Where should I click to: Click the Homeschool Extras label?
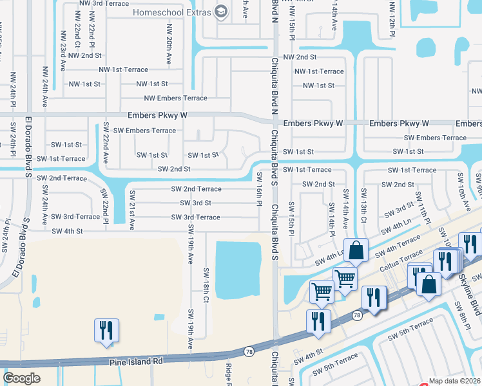[x=172, y=12]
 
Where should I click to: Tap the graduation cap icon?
[x=221, y=12]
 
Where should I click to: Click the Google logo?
[x=22, y=378]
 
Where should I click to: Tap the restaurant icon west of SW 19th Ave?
[x=104, y=330]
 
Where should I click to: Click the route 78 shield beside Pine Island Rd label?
[x=249, y=351]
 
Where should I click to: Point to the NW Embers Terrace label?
[x=176, y=98]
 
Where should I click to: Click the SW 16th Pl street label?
[x=259, y=189]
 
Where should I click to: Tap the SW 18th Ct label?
[x=206, y=285]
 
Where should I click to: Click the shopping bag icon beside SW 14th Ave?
[x=355, y=250]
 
